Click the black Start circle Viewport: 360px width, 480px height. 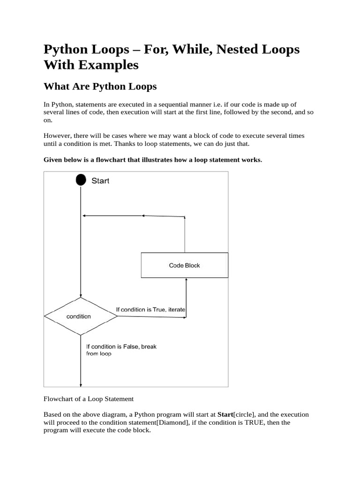tap(81, 180)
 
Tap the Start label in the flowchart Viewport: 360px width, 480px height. tap(100, 180)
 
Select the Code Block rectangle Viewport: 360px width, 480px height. tap(184, 265)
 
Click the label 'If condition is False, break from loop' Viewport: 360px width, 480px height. tap(121, 350)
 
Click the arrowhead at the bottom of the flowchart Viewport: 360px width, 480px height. tap(81, 384)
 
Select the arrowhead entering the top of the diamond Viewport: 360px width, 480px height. tap(81, 295)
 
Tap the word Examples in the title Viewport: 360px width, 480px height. tap(108, 65)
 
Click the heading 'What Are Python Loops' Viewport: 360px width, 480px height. tap(100, 87)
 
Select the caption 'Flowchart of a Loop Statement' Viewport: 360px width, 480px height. tap(89, 399)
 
